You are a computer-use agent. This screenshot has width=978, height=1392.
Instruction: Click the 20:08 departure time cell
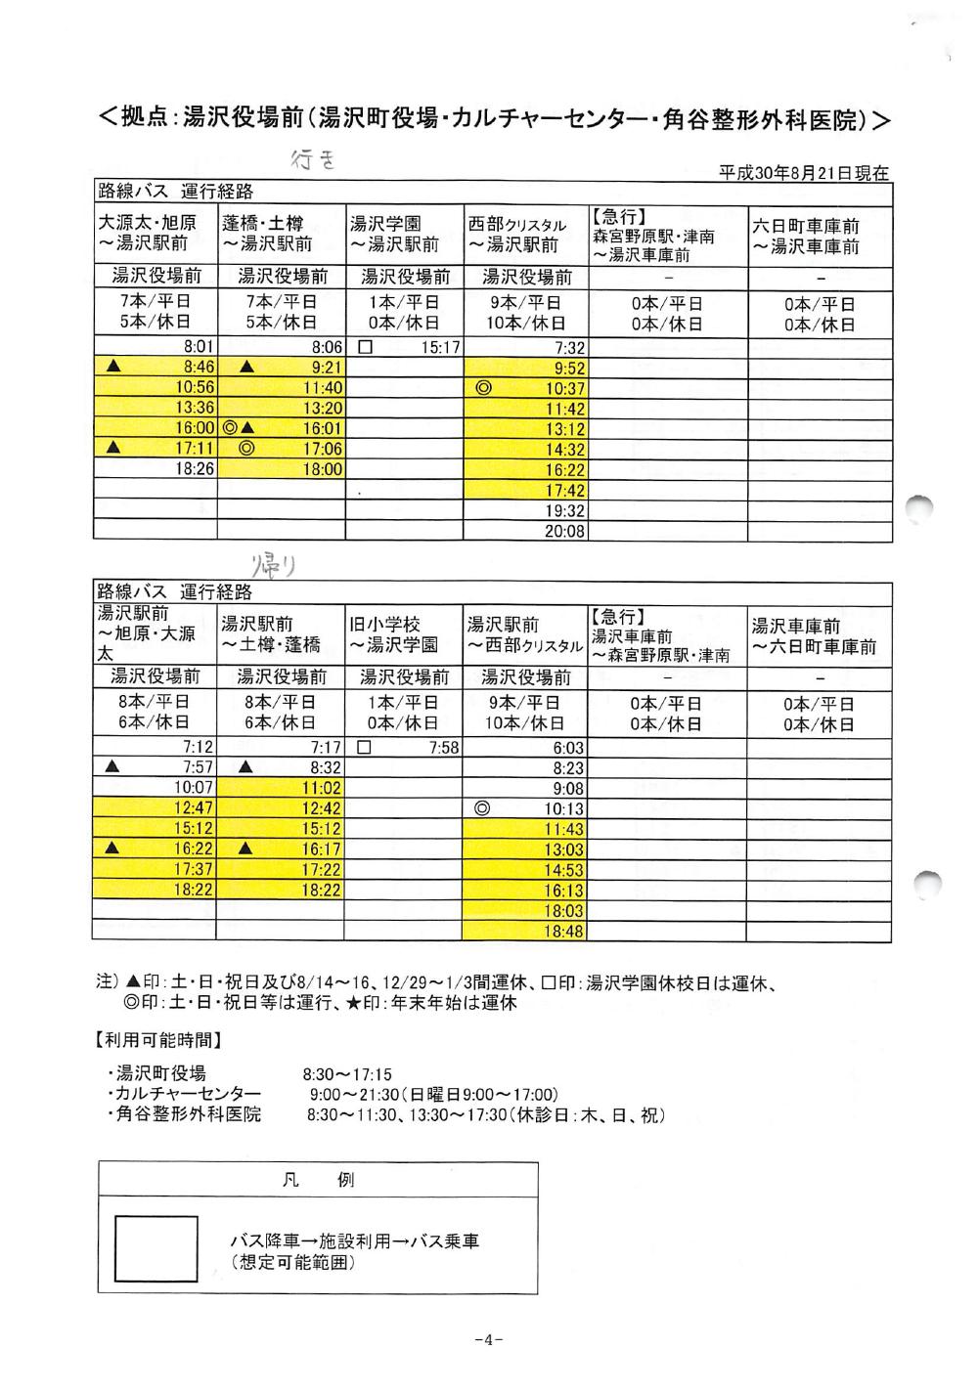565,532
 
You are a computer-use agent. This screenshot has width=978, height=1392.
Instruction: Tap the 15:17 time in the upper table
441,347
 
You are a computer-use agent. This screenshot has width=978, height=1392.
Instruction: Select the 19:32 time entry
565,511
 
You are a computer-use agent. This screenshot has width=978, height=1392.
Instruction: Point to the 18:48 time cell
565,933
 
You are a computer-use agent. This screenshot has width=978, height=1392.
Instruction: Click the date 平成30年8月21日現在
804,173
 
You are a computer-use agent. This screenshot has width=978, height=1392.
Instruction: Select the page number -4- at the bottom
488,1340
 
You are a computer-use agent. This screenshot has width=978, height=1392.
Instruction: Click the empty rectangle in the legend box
156,1248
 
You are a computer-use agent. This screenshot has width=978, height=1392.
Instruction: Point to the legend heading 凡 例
318,1180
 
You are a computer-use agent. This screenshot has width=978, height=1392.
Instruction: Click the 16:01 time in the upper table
322,429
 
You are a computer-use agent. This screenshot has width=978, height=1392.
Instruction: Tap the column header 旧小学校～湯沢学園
394,634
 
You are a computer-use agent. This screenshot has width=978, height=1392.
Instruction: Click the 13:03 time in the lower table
566,850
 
